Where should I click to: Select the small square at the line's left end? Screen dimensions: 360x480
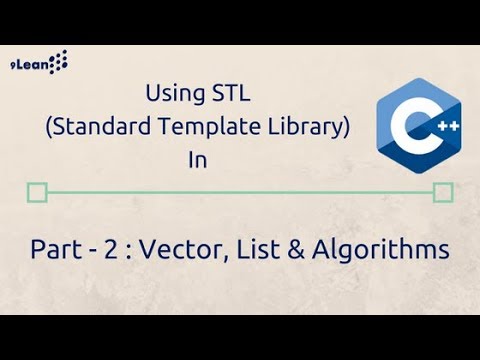click(38, 192)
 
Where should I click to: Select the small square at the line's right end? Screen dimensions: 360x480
click(443, 192)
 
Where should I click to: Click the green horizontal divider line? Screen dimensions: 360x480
click(240, 192)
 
